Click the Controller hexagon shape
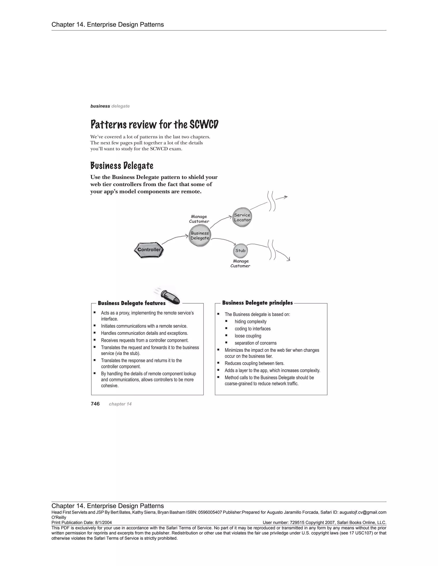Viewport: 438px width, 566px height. (x=149, y=250)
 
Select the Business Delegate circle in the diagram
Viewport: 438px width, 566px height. (x=200, y=236)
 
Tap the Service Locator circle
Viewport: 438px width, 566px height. (x=242, y=217)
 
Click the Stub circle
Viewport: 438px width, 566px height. (x=240, y=251)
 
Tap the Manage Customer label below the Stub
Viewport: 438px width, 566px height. (x=240, y=264)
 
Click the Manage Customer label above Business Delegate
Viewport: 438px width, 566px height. (x=199, y=219)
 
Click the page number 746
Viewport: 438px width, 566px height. (x=95, y=404)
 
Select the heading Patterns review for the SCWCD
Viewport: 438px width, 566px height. (x=154, y=124)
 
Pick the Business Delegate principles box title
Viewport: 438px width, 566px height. (x=257, y=303)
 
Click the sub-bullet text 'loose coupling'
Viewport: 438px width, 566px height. (x=248, y=336)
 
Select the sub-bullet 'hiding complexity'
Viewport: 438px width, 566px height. (x=250, y=322)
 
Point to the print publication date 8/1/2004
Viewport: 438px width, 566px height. (x=103, y=523)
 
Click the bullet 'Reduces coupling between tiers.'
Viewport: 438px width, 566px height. (x=254, y=363)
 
